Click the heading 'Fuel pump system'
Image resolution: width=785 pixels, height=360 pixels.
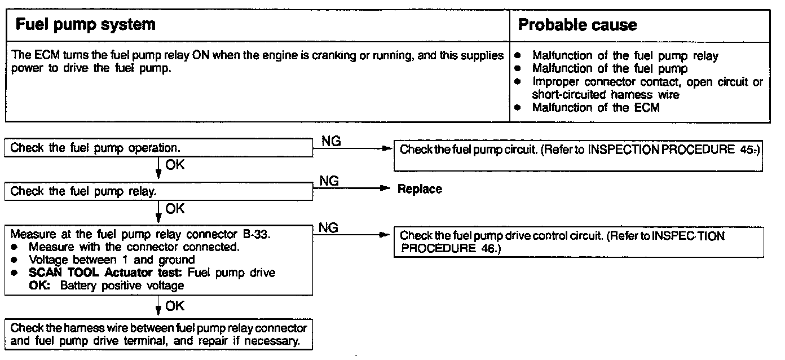pos(85,25)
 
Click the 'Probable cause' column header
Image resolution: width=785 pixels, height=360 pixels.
pos(577,25)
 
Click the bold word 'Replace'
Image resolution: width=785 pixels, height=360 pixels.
pos(420,189)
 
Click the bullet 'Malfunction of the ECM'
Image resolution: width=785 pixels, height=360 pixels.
pos(596,107)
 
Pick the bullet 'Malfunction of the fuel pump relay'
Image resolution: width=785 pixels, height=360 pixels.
pos(625,56)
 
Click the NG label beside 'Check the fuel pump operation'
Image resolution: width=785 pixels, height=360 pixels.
pos(331,141)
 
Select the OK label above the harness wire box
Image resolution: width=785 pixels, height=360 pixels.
pos(175,306)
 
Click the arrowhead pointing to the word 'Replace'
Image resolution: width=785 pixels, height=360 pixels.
pos(386,189)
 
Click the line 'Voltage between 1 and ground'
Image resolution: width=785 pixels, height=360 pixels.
pos(112,260)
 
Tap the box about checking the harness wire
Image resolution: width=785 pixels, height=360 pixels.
pos(158,334)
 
